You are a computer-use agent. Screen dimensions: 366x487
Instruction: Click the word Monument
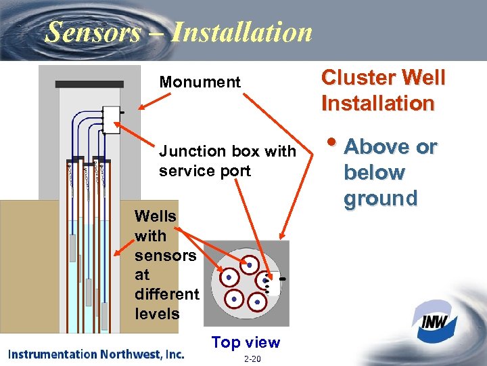[x=200, y=83]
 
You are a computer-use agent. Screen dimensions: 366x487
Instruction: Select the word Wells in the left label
[x=156, y=216]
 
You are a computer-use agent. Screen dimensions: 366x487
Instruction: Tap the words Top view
[x=246, y=342]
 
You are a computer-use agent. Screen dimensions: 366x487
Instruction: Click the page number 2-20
[x=252, y=358]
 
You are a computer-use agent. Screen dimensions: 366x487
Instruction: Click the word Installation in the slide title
[x=241, y=32]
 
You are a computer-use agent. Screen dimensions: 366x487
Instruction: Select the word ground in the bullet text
[x=380, y=199]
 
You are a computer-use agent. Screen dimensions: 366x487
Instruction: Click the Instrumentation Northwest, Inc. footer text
[x=96, y=354]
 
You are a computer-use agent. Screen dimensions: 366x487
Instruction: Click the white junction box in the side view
[x=110, y=119]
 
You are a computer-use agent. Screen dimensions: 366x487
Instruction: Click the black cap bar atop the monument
[x=89, y=84]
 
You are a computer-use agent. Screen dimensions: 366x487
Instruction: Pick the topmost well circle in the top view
[x=250, y=264]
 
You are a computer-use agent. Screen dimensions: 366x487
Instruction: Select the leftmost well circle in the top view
[x=229, y=278]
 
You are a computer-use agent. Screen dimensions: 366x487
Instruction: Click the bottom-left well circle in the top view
[x=234, y=298]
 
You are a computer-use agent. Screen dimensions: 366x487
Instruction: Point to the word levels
[x=158, y=314]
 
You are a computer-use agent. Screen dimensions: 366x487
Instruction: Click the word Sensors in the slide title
[x=93, y=32]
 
